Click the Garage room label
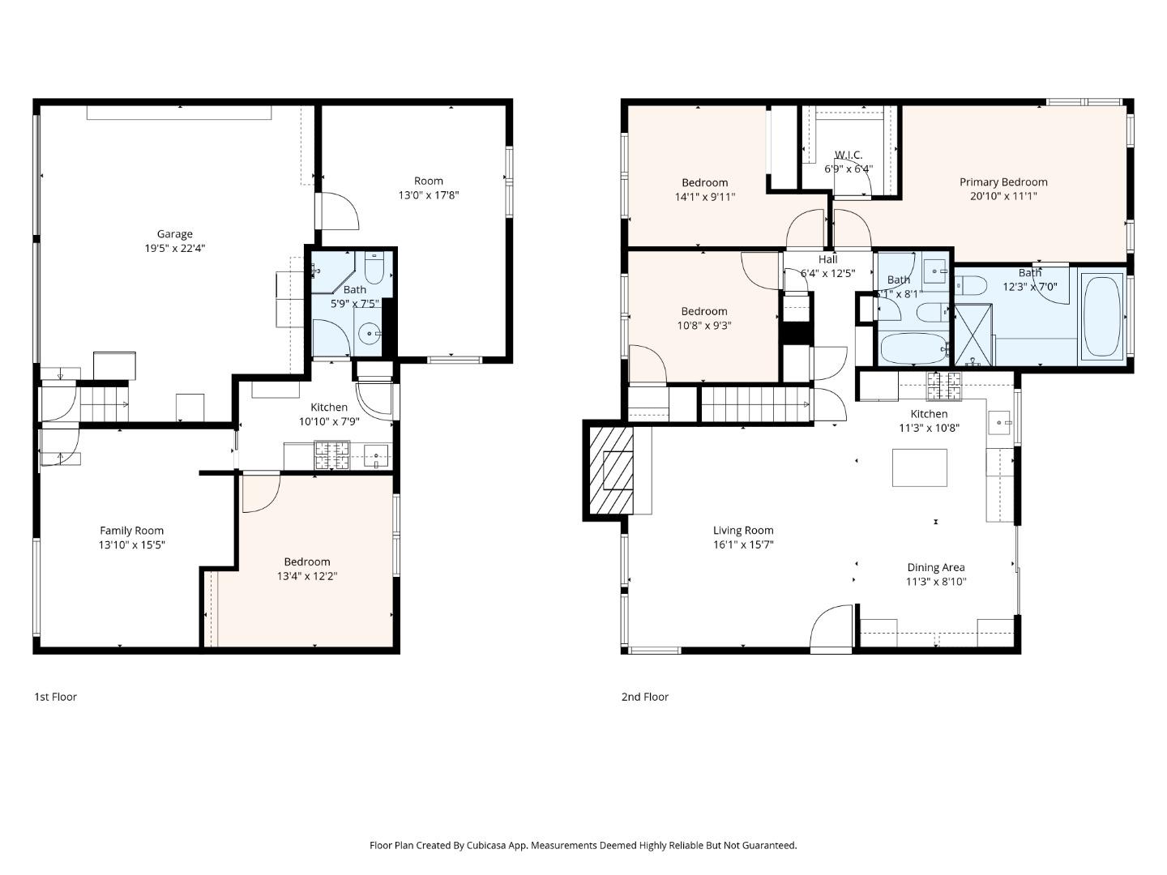tap(174, 234)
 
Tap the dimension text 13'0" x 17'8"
tap(428, 195)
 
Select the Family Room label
tap(131, 531)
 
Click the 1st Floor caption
tap(55, 697)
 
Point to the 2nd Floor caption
tap(644, 697)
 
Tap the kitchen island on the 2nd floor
tap(919, 467)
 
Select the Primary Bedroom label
tap(1003, 182)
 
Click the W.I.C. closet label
tap(849, 155)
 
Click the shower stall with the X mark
tap(972, 335)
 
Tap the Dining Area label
tap(935, 568)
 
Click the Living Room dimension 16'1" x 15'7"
tap(742, 544)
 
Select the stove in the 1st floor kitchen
tap(331, 455)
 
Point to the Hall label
tap(827, 259)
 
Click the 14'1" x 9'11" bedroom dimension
tap(704, 196)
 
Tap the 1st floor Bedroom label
tap(306, 561)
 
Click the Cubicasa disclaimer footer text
tap(583, 845)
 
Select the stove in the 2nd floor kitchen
tap(944, 386)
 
